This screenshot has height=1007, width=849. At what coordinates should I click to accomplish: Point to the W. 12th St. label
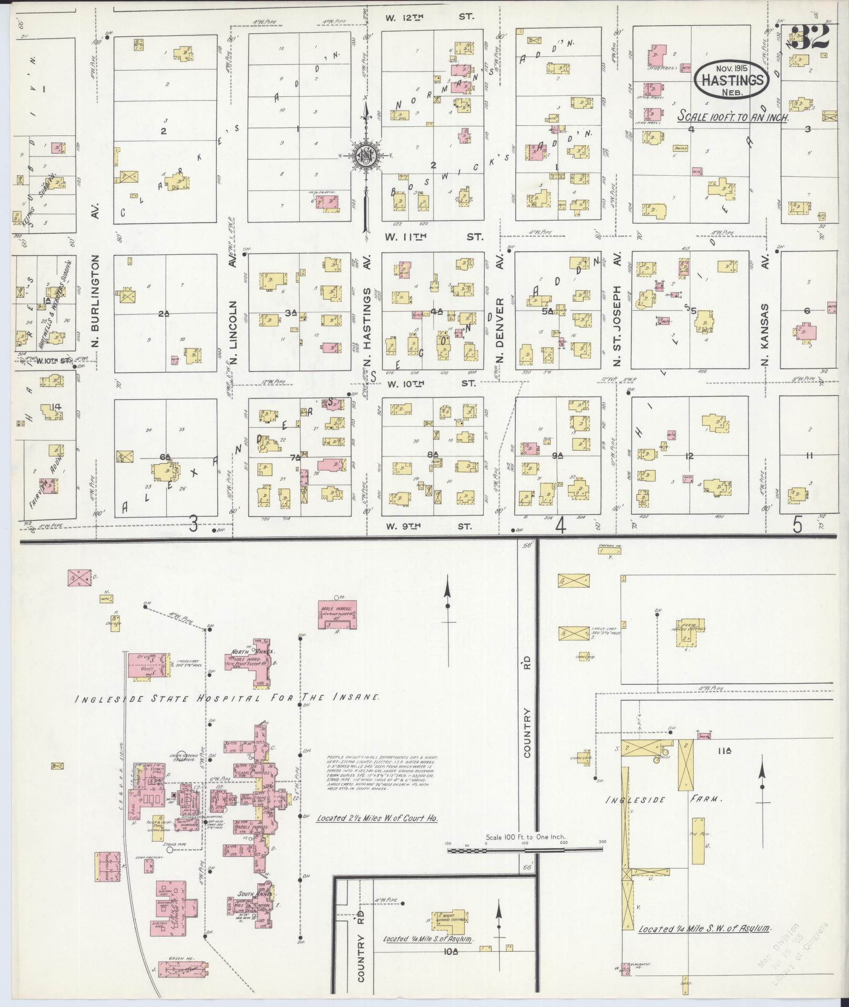(x=429, y=17)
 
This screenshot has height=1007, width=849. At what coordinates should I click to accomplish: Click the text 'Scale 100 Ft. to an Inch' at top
(x=732, y=117)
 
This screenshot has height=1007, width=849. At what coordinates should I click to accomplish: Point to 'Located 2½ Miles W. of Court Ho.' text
(x=377, y=833)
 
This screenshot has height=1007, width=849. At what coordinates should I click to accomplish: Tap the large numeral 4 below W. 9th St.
(x=561, y=525)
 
